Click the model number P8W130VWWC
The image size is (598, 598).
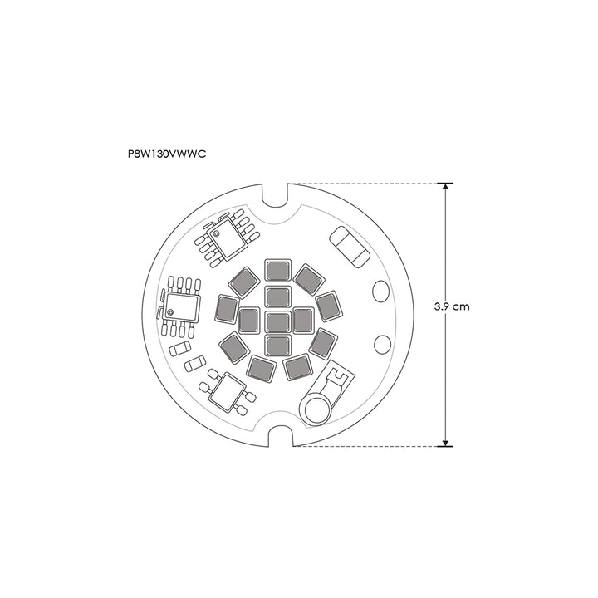coord(167,154)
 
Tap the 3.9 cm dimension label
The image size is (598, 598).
coord(452,306)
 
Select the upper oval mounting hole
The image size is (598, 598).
coord(380,292)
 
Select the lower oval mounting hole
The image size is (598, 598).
coord(382,345)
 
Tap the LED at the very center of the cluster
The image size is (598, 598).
coord(277,320)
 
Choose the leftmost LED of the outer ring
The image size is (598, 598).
coord(226,309)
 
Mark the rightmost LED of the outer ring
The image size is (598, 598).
coord(329,306)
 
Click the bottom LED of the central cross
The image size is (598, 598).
coord(277,343)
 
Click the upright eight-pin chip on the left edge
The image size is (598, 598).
coord(181,305)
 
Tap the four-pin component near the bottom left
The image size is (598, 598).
coord(227,390)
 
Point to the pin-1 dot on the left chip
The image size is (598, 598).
coord(170,313)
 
